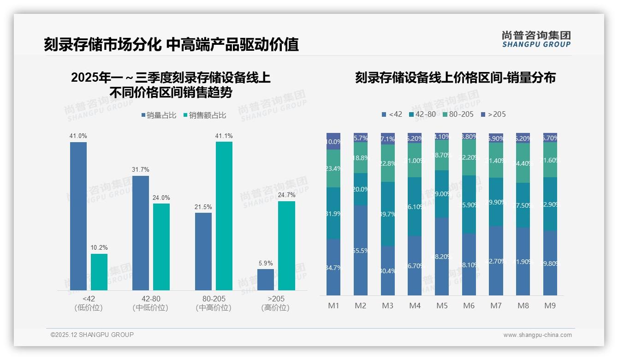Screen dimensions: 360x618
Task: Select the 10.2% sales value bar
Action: pos(99,272)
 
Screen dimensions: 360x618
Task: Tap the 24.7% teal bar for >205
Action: pos(286,246)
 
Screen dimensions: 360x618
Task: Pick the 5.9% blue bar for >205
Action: pos(266,280)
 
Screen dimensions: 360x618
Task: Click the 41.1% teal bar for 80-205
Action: pos(224,216)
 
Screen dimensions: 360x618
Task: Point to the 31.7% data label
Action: pos(141,170)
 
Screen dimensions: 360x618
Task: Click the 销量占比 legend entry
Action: pos(159,115)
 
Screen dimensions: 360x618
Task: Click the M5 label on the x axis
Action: pos(442,306)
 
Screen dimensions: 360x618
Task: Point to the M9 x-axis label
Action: pos(550,306)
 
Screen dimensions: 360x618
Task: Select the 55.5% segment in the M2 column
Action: pos(361,250)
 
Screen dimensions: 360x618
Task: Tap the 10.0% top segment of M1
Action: pos(333,142)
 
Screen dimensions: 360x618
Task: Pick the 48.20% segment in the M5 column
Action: pos(442,256)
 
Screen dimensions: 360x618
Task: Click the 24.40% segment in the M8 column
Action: pos(523,163)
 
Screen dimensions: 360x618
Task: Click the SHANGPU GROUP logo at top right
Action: pos(536,39)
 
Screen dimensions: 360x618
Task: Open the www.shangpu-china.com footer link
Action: pos(537,335)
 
